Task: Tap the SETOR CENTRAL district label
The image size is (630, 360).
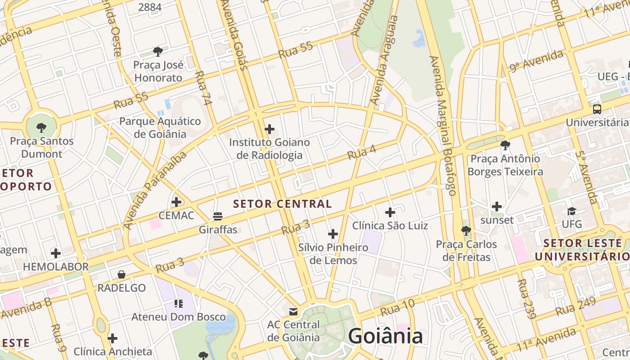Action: coord(283,204)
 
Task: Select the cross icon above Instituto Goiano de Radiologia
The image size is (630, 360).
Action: coord(270,130)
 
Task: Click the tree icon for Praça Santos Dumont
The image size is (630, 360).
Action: coord(41,127)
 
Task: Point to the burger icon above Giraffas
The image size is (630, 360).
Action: coord(218,216)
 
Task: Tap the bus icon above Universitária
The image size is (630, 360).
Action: coord(597,109)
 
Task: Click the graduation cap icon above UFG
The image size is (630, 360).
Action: coord(571,211)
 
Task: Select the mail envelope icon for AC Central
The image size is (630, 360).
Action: coord(293,311)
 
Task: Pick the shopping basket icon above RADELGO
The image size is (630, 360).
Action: coord(121,274)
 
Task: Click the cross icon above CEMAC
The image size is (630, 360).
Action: coord(176,202)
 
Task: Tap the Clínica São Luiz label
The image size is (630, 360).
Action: coord(390,225)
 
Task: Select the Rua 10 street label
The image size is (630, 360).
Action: coord(397,307)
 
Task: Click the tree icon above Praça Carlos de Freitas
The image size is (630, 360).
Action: coord(466,231)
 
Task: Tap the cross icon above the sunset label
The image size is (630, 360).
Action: coord(497,207)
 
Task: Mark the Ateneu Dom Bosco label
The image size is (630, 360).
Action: coord(178,317)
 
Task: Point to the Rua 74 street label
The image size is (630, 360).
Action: coord(203,88)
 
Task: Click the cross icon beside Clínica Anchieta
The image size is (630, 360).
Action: coord(112,338)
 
